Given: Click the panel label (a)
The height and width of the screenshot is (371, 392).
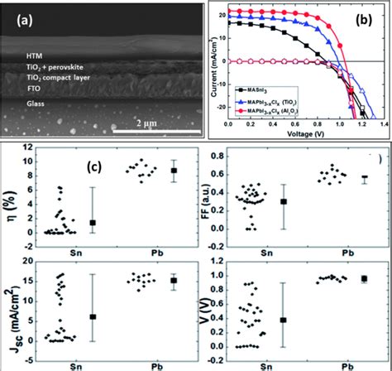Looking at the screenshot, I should [19, 14].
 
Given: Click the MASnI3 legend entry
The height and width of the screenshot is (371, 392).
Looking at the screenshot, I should [263, 100].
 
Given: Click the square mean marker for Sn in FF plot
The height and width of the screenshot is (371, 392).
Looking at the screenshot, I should [284, 201].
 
